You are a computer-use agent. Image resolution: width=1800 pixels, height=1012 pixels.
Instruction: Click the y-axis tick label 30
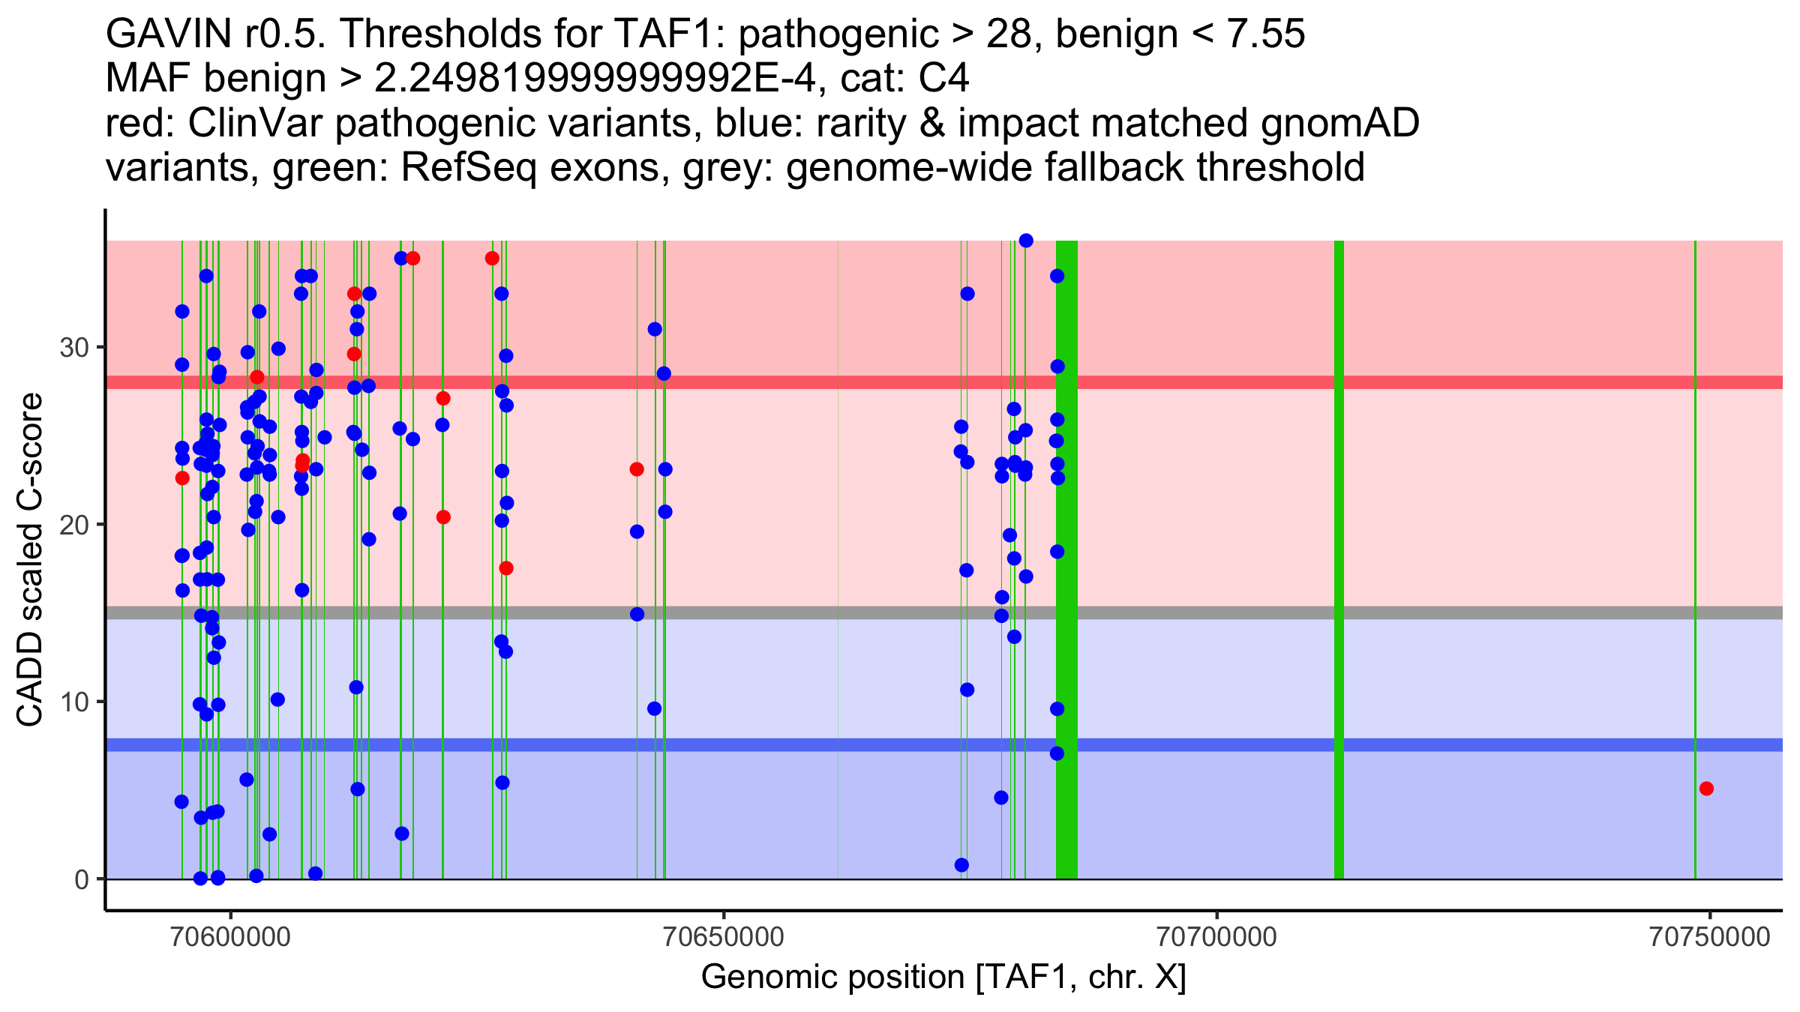tap(73, 348)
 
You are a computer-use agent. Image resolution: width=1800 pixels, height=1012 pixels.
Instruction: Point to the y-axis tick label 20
tap(73, 525)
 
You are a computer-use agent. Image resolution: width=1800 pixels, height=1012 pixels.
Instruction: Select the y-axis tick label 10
tap(73, 702)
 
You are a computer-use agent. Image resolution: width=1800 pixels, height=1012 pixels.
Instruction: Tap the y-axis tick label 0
tap(81, 879)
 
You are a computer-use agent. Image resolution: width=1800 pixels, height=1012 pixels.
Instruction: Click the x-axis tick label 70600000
tap(231, 937)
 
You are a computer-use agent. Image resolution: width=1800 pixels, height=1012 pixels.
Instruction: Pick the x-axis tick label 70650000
tap(724, 937)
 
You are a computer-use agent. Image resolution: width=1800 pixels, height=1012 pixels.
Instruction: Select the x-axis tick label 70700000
tap(1216, 937)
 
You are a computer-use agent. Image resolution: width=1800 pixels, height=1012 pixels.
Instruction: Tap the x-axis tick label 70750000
tap(1709, 937)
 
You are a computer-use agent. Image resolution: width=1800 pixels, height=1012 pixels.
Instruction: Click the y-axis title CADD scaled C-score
tap(30, 560)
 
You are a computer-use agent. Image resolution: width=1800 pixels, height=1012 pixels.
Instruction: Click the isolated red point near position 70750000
tap(1706, 789)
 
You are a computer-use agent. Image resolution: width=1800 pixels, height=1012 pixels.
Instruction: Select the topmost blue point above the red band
tap(1026, 241)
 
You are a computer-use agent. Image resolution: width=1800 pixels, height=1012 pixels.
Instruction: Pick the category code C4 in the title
tap(943, 78)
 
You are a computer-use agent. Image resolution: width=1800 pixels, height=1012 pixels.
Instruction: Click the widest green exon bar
tap(1066, 559)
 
